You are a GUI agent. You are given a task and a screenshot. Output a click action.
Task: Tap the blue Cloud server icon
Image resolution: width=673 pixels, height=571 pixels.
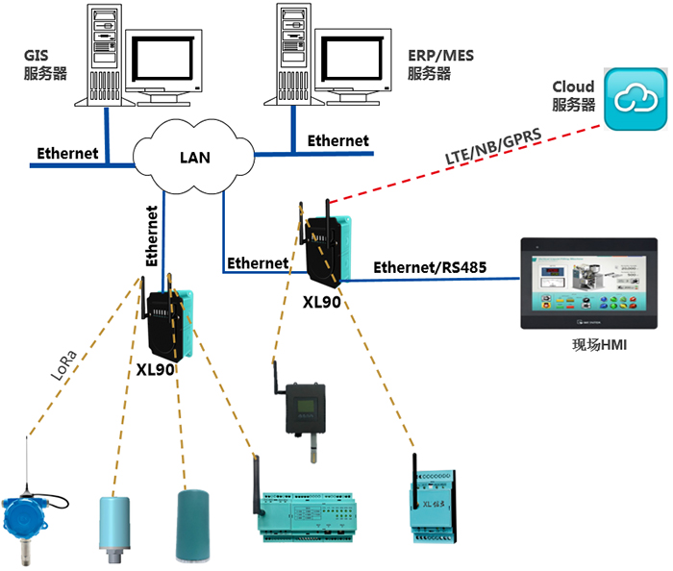point(636,99)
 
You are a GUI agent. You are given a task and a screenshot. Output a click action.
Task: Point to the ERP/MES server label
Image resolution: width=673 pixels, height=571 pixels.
point(429,65)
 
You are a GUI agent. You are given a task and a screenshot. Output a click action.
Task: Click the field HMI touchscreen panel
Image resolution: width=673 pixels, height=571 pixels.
point(587,283)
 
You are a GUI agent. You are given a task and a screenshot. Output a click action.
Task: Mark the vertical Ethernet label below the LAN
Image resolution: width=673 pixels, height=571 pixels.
point(152,236)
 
